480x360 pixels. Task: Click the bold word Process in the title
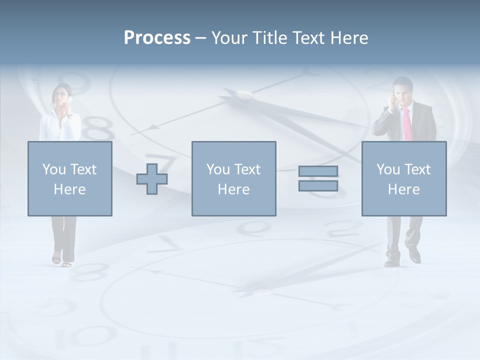(157, 38)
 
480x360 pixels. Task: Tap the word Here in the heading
(349, 38)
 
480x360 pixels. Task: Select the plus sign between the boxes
(152, 179)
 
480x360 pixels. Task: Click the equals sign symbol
(318, 178)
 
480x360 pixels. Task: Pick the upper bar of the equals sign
(318, 171)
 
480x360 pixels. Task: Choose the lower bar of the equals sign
(318, 186)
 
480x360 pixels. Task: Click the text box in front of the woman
(70, 179)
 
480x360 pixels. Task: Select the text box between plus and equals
(233, 179)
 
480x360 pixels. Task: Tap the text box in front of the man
(404, 179)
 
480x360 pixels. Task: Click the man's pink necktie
(406, 124)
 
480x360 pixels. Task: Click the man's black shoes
(403, 259)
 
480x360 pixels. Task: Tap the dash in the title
(200, 38)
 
